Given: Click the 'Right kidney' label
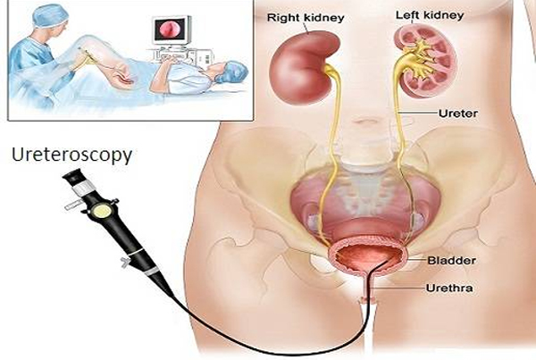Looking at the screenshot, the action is [x=306, y=18].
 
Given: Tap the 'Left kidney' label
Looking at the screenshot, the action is [x=430, y=15].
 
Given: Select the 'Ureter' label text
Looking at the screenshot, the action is [x=458, y=113].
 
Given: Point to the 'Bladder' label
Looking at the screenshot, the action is [x=451, y=261].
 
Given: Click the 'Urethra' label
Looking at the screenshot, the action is [x=449, y=288].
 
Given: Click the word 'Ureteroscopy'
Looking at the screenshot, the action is [x=71, y=155].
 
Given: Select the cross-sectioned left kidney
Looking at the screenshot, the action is [x=425, y=63].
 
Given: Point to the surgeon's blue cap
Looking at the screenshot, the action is [x=50, y=16].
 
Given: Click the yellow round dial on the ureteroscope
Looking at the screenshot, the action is [x=102, y=210].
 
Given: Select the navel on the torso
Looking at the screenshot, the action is [x=366, y=121].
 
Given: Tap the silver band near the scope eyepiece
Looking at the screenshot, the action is [x=83, y=188].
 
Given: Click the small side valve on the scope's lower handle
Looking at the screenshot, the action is [x=125, y=263].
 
